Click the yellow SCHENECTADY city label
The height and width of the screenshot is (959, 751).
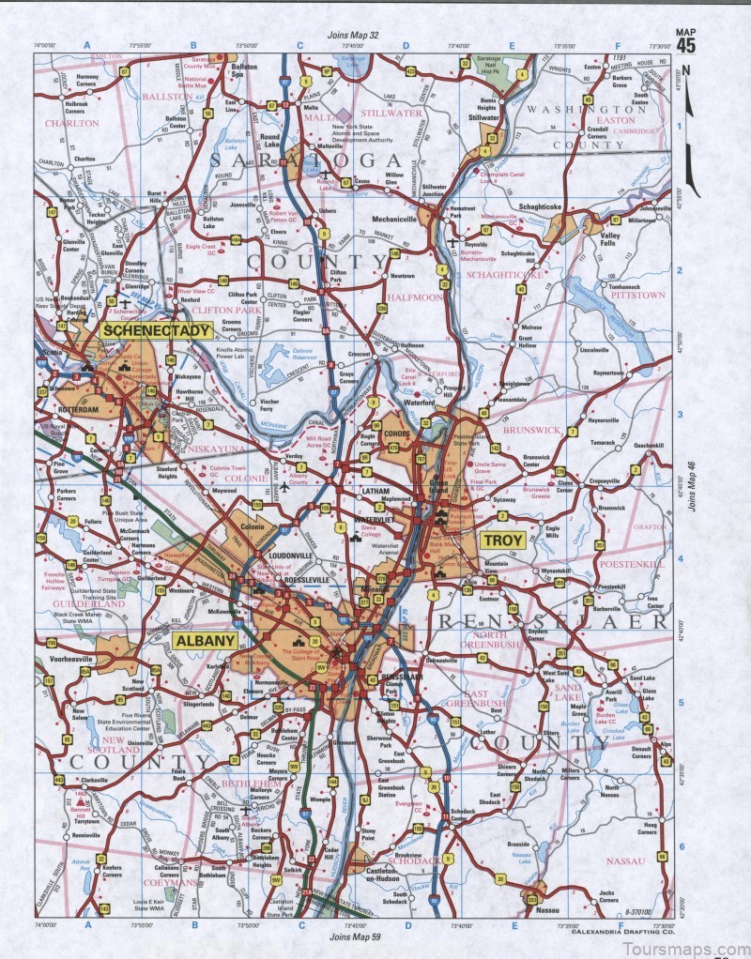pos(145,330)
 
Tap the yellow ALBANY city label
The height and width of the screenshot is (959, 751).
pos(205,640)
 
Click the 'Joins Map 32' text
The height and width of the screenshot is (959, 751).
pos(353,35)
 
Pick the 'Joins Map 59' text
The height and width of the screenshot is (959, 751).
pos(354,936)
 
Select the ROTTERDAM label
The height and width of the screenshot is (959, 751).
pos(76,410)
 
